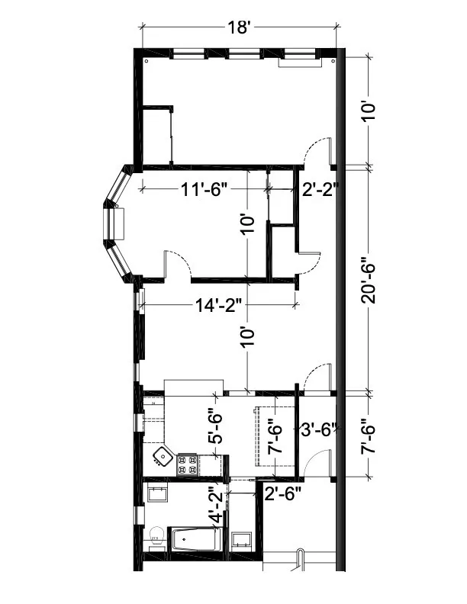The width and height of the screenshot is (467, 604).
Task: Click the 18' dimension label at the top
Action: coord(239,28)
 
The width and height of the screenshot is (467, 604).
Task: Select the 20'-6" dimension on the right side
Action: coord(369,279)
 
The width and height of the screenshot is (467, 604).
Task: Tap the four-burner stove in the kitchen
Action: coord(188,464)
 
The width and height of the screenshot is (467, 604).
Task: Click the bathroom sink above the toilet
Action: coord(158,493)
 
